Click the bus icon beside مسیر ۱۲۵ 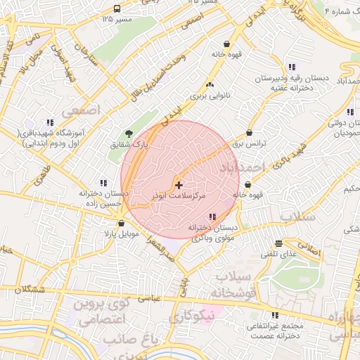116,9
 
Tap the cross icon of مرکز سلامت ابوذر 179,184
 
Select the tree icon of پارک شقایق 128,133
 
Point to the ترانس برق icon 250,132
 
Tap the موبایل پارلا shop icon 122,223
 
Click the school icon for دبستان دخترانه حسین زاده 103,183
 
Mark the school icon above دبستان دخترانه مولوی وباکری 213,217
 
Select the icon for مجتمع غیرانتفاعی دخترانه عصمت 275,315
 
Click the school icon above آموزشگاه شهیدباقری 50,122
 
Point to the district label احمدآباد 241,167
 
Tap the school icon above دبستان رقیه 292,67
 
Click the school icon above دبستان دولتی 349,111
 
